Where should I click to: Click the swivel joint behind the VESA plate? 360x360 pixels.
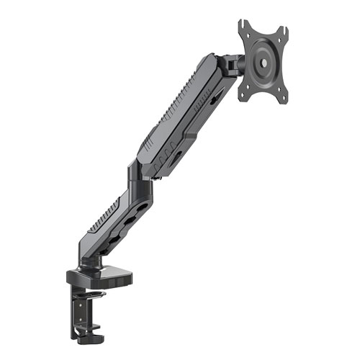[232, 66]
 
